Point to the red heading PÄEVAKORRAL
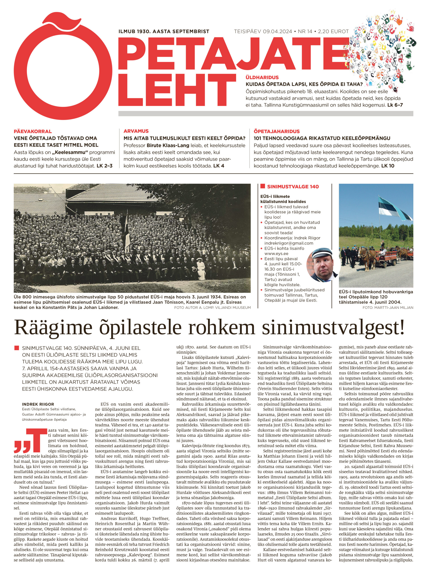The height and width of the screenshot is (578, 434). click(x=33, y=131)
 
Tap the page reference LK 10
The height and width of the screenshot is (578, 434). click(x=388, y=166)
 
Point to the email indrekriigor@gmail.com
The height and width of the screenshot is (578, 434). click(x=289, y=243)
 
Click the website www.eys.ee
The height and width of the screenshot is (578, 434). click(x=276, y=254)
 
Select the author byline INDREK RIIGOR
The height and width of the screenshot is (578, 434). click(x=38, y=404)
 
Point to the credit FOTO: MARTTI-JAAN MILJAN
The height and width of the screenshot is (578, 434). click(x=388, y=308)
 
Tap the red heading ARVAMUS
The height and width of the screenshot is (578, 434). click(x=136, y=131)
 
